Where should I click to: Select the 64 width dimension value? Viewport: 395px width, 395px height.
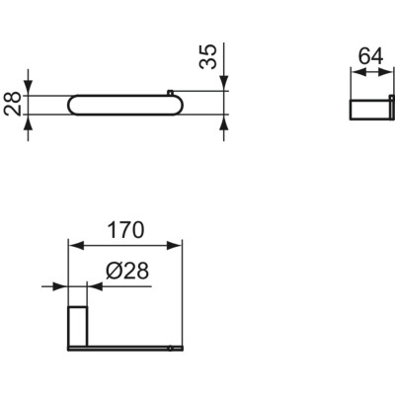[x=370, y=55]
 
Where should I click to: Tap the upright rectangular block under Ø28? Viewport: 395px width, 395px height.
[x=76, y=326]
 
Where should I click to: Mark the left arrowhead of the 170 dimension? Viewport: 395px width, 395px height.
[x=72, y=245]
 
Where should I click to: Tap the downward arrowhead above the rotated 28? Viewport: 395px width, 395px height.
[x=30, y=88]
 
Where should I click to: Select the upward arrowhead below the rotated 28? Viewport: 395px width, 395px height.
[x=30, y=123]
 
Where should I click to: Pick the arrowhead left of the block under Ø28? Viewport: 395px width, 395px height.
[x=60, y=286]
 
